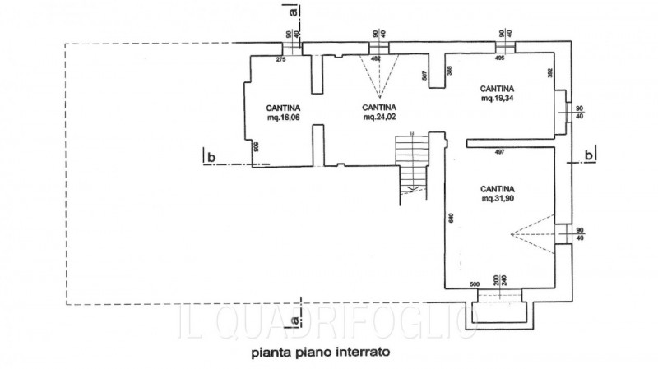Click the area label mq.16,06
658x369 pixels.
[283, 118]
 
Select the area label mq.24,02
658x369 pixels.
[380, 118]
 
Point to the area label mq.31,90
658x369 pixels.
[498, 199]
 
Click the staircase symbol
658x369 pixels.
[411, 164]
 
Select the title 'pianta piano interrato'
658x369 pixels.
[321, 354]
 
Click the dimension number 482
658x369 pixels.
[376, 59]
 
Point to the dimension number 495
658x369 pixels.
[499, 59]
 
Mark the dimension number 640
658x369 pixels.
[451, 219]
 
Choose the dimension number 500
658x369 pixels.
[475, 283]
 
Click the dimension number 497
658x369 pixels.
[499, 153]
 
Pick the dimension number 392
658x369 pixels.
[549, 71]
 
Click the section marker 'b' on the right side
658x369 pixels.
[588, 155]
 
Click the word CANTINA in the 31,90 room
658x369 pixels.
[498, 187]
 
